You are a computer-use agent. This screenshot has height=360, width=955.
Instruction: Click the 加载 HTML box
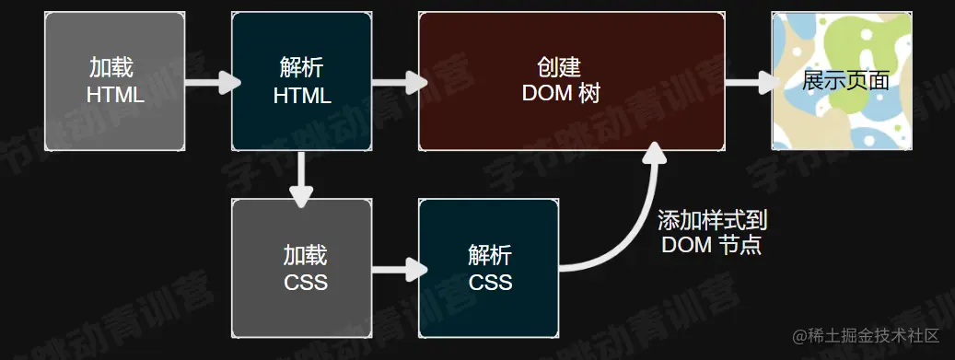[x=115, y=81]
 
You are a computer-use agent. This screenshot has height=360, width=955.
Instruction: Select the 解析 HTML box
[x=301, y=81]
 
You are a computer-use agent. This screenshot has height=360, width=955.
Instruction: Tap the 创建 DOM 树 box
[x=571, y=81]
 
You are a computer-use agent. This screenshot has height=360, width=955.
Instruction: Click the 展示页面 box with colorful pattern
[x=841, y=81]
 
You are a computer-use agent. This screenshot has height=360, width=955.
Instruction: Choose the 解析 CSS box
[x=488, y=268]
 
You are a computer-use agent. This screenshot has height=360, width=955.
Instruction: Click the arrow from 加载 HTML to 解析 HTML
[x=213, y=83]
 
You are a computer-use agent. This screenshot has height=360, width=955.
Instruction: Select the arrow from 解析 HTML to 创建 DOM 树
[x=399, y=83]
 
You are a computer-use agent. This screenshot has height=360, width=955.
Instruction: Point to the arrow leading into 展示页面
[x=751, y=83]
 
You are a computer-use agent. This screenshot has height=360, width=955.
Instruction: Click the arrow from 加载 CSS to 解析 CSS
[x=399, y=270]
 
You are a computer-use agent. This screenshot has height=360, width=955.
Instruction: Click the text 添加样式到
[x=712, y=222]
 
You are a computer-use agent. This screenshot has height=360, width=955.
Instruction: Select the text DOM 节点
[x=711, y=246]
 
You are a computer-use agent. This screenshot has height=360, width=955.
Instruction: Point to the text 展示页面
[x=845, y=80]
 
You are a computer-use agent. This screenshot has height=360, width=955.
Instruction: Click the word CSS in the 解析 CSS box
[x=489, y=281]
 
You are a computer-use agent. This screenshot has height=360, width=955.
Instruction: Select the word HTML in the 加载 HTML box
[x=115, y=95]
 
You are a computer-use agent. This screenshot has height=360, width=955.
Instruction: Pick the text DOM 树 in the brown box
[x=561, y=94]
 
